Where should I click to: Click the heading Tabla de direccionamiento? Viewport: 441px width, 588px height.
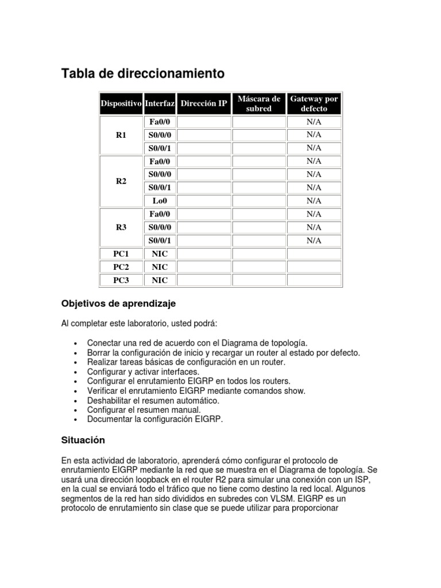pyautogui.click(x=143, y=74)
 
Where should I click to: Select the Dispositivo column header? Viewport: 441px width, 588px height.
pyautogui.click(x=121, y=104)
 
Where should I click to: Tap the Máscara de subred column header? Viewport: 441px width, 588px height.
pyautogui.click(x=258, y=104)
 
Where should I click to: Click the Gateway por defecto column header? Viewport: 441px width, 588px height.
pyautogui.click(x=314, y=104)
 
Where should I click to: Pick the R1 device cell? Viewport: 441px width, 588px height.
pyautogui.click(x=121, y=135)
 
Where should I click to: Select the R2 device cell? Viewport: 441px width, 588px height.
pyautogui.click(x=121, y=181)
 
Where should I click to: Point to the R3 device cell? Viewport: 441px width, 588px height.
pyautogui.click(x=121, y=227)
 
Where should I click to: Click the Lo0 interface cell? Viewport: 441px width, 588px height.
pyautogui.click(x=160, y=201)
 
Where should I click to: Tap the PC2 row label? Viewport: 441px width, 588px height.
pyautogui.click(x=121, y=267)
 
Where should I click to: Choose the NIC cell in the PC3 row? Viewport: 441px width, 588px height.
pyautogui.click(x=160, y=280)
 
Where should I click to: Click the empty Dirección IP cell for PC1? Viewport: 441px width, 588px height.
pyautogui.click(x=204, y=254)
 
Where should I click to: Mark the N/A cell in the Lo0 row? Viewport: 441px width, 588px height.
pyautogui.click(x=314, y=201)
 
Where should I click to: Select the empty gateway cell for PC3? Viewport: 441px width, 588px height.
pyautogui.click(x=314, y=280)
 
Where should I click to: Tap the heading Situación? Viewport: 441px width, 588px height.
pyautogui.click(x=83, y=440)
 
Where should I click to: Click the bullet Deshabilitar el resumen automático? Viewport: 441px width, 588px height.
pyautogui.click(x=153, y=400)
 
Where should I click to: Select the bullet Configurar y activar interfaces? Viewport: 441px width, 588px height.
pyautogui.click(x=144, y=372)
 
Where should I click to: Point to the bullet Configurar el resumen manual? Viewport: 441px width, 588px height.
pyautogui.click(x=144, y=410)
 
